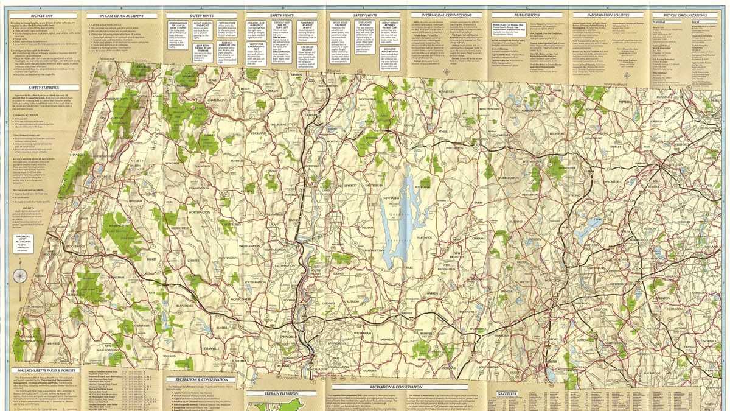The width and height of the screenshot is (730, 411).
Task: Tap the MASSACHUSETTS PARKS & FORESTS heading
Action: pyautogui.click(x=42, y=370)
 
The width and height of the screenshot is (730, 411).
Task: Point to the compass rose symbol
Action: pyautogui.click(x=21, y=274)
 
